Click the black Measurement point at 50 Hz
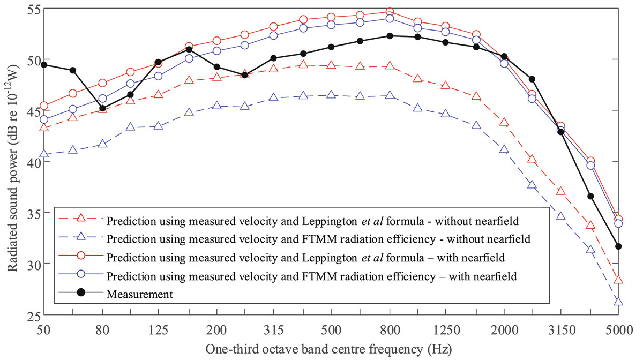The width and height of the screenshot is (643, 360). [44, 65]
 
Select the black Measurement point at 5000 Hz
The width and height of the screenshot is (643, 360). [618, 246]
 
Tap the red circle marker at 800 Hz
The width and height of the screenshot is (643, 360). [390, 11]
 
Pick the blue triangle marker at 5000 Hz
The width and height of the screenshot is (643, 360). [618, 302]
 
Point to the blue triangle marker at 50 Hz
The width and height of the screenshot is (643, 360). [44, 154]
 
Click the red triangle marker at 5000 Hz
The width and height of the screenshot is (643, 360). [618, 280]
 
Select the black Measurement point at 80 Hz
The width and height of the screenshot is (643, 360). [102, 108]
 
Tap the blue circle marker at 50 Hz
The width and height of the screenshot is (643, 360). [44, 119]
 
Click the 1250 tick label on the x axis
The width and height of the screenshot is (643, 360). [446, 330]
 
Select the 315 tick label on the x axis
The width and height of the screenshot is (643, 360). [274, 330]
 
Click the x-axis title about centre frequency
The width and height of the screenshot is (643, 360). [328, 350]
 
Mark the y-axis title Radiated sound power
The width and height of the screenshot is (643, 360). [13, 169]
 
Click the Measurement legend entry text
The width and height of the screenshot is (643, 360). [140, 294]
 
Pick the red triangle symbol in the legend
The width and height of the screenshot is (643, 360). [81, 218]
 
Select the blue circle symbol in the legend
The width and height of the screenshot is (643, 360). [81, 274]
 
